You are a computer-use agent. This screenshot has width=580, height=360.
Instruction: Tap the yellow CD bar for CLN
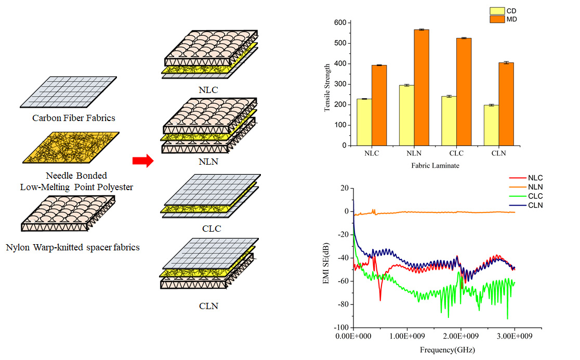(x=491, y=125)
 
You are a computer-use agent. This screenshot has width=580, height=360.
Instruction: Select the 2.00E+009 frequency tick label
(x=460, y=337)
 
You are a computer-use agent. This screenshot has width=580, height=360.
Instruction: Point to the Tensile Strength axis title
(x=327, y=88)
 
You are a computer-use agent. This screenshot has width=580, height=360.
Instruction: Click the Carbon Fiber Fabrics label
(x=74, y=118)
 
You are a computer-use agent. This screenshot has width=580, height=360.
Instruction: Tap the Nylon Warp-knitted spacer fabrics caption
(x=73, y=247)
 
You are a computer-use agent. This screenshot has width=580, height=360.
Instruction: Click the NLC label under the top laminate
(x=209, y=89)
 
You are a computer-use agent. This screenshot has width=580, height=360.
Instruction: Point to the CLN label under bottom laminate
(x=209, y=305)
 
